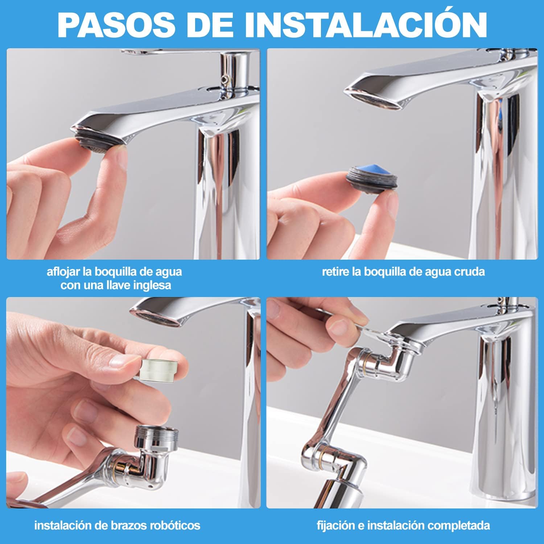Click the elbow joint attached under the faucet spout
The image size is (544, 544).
tap(399, 359)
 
